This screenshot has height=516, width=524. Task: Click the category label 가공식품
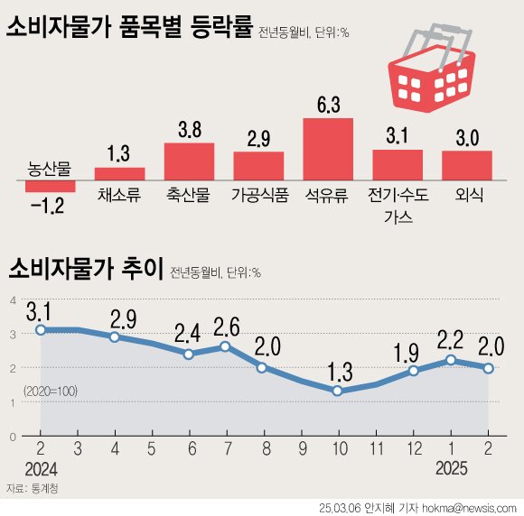coord(259,195)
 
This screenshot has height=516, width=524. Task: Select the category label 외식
coord(466,195)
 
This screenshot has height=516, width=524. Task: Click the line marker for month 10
coord(337,391)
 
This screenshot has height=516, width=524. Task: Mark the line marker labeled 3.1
coord(41,330)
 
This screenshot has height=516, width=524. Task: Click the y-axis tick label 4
coord(12,300)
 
